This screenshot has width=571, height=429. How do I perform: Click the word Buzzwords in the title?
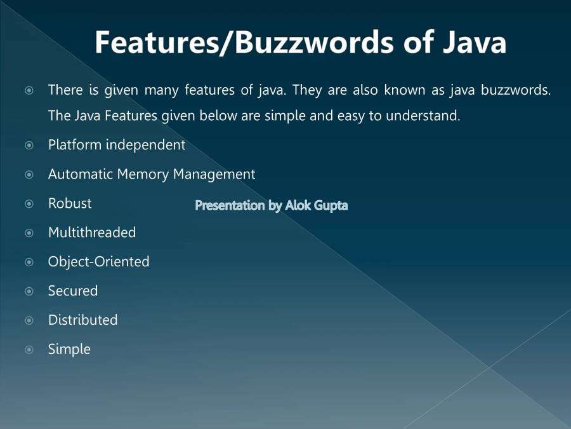click(x=314, y=42)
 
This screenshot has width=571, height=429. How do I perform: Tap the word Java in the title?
click(x=475, y=42)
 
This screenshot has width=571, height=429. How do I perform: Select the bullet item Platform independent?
click(x=117, y=145)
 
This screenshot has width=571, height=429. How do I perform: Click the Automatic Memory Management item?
click(x=152, y=174)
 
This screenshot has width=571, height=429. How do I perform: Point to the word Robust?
click(x=70, y=203)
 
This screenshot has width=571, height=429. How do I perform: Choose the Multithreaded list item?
click(x=92, y=233)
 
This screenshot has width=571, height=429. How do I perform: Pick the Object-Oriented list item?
click(x=99, y=262)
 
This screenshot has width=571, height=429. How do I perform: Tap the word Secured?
click(x=73, y=290)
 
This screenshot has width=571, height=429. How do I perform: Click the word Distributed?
click(x=83, y=320)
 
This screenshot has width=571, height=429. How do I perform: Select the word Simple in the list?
click(x=69, y=350)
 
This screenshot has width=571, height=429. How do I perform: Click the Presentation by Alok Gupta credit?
click(x=272, y=205)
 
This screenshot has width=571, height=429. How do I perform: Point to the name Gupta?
click(x=331, y=206)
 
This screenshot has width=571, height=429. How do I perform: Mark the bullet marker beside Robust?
click(x=29, y=203)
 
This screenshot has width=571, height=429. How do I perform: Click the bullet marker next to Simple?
click(x=29, y=350)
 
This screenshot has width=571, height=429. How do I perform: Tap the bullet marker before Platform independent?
click(x=29, y=145)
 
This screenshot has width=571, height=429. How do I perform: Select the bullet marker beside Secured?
click(x=29, y=291)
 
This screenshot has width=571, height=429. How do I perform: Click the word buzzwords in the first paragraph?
click(x=516, y=90)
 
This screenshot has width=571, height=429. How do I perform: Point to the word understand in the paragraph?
click(x=423, y=116)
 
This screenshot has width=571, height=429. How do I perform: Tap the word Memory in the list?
click(x=143, y=174)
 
